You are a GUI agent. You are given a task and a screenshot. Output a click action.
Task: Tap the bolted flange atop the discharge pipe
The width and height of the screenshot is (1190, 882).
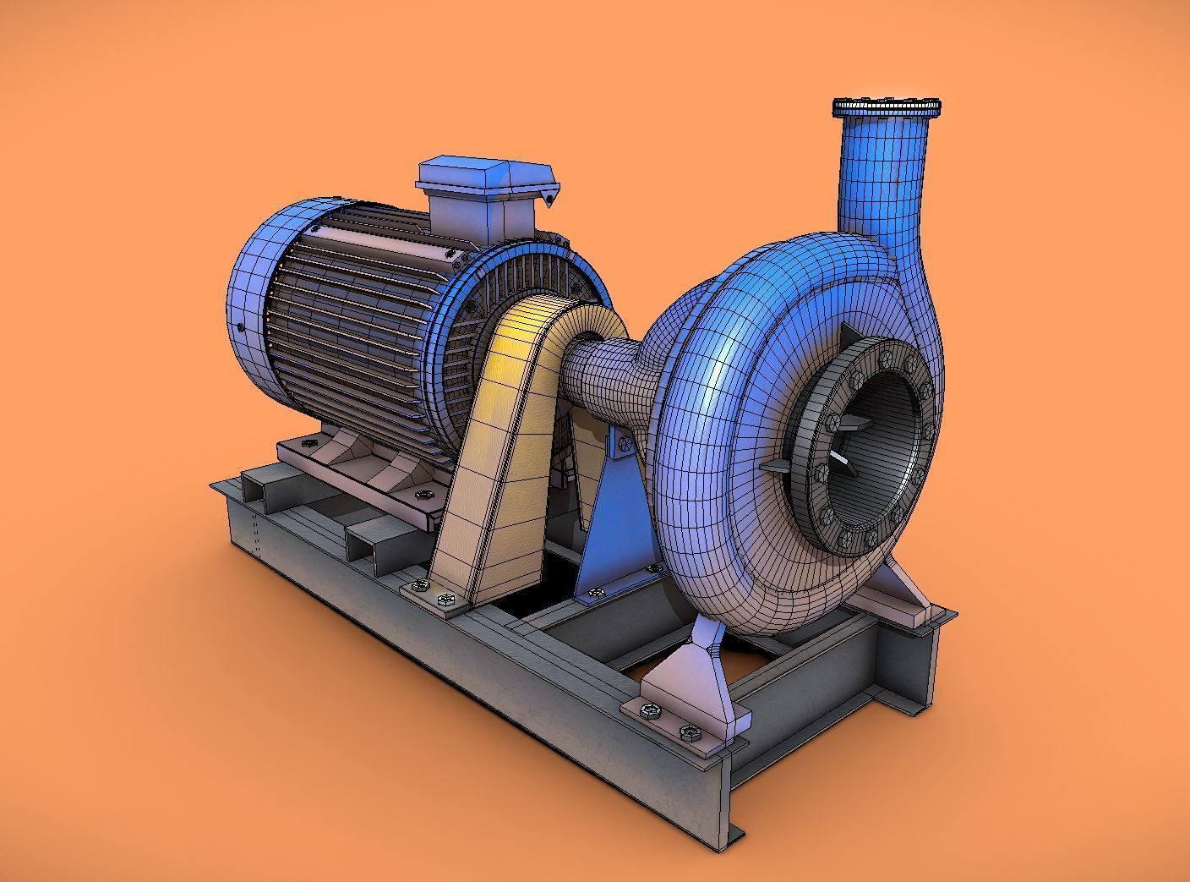click(x=887, y=107)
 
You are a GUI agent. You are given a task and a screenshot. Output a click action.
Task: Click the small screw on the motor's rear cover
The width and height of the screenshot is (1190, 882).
click(x=242, y=326)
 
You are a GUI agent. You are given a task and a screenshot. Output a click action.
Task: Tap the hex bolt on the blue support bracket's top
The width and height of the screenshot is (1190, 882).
click(x=625, y=442)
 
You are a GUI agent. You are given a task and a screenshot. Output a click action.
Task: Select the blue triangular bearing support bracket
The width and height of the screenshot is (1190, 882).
click(x=613, y=524)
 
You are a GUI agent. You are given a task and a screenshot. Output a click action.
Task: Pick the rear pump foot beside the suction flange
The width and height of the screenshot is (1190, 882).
click(x=904, y=592)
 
